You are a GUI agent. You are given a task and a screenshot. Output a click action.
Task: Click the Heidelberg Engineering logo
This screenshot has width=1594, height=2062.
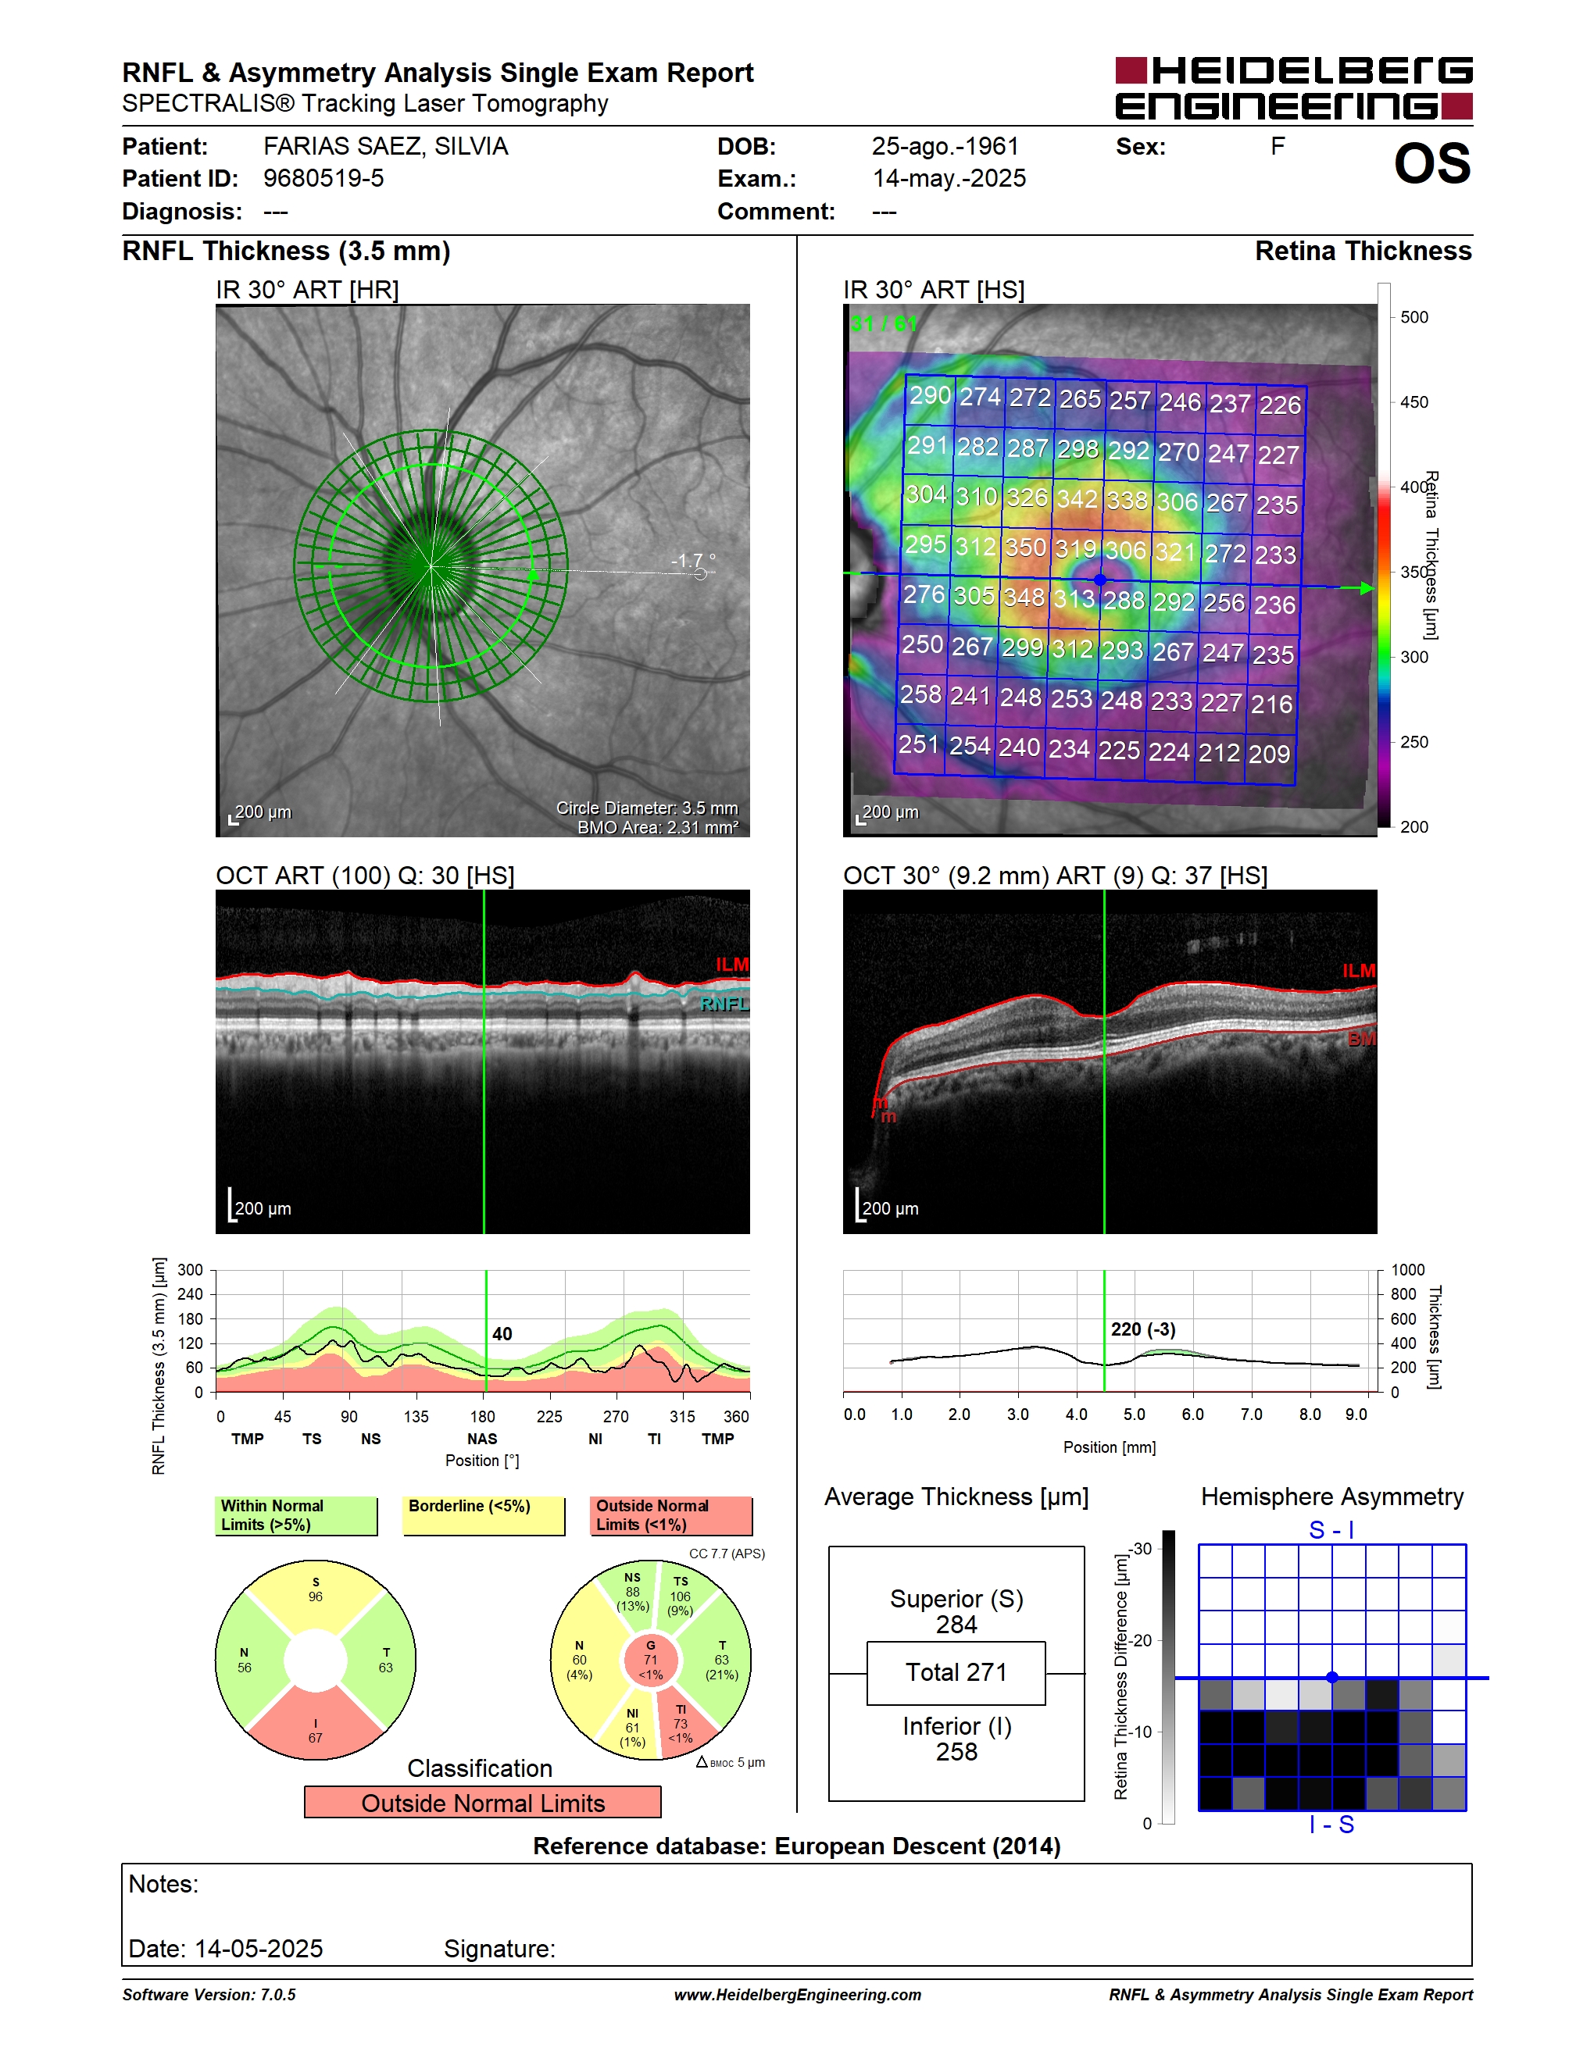pos(1294,87)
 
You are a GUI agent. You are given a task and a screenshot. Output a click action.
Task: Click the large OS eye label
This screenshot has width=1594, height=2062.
pos(1431,163)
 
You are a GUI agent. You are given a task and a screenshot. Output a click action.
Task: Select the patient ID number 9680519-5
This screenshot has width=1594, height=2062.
pos(323,178)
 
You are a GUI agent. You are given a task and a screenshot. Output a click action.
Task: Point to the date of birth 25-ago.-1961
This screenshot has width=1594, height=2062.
pos(945,146)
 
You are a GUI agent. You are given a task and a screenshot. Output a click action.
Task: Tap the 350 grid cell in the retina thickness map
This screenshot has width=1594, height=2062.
pos(1025,548)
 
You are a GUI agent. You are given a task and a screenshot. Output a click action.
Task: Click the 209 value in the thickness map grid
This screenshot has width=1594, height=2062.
pos(1269,754)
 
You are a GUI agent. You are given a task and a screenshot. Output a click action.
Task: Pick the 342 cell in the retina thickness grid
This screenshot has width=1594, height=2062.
pos(1077,498)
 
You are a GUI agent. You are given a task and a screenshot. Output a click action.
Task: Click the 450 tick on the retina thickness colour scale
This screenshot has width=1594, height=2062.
pos(1414,402)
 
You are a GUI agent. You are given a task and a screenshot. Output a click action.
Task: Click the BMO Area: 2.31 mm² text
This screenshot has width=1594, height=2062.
pos(658,827)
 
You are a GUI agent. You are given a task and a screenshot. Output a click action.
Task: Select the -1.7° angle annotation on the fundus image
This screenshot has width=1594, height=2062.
pos(693,561)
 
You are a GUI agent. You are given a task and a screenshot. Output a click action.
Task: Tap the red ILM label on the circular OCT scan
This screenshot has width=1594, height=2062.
pos(732,964)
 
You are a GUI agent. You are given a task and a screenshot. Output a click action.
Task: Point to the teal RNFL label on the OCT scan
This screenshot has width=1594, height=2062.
pos(724,1004)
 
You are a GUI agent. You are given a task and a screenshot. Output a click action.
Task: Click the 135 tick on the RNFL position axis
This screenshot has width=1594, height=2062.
pos(416,1416)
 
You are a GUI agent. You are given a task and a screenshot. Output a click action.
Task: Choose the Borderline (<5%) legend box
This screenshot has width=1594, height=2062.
pos(484,1515)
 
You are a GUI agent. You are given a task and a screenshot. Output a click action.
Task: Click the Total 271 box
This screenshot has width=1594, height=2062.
pos(956,1673)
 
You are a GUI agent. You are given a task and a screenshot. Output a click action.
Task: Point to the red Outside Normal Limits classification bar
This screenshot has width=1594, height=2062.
pos(483,1803)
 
